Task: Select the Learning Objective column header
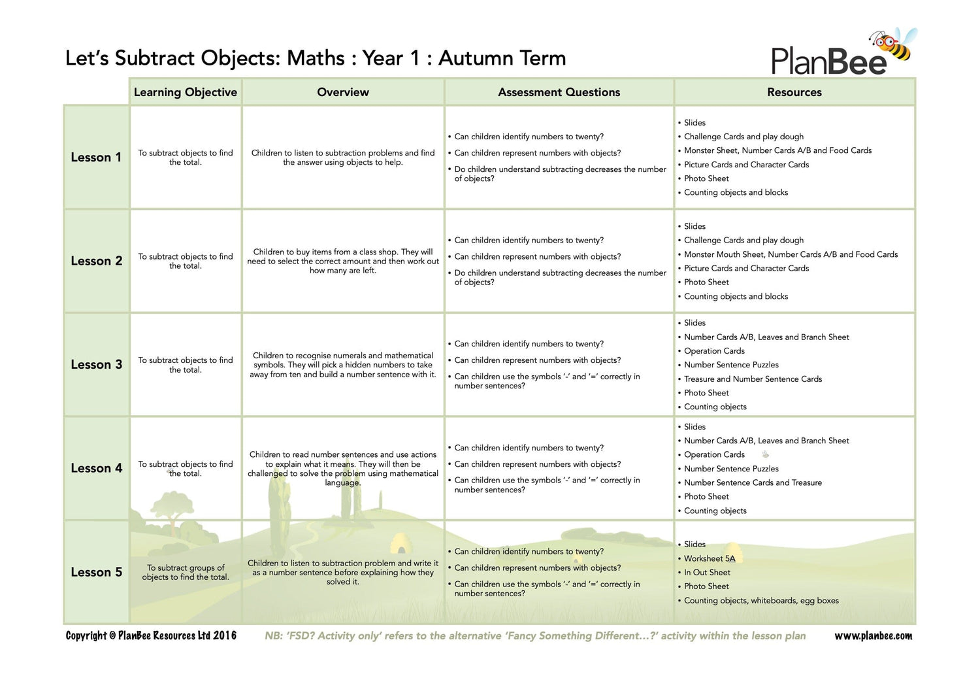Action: pyautogui.click(x=186, y=92)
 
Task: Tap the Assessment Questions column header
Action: pyautogui.click(x=559, y=92)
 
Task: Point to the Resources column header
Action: pyautogui.click(x=794, y=92)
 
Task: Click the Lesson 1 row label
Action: pyautogui.click(x=96, y=158)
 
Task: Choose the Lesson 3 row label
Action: pyautogui.click(x=96, y=365)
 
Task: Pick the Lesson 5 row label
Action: pyautogui.click(x=96, y=572)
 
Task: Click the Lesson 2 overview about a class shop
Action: pyautogui.click(x=343, y=261)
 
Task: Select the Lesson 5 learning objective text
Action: pyautogui.click(x=186, y=572)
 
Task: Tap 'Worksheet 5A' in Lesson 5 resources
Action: pyautogui.click(x=709, y=558)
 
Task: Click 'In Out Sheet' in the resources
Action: pyautogui.click(x=707, y=572)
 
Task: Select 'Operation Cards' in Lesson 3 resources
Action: pyautogui.click(x=714, y=351)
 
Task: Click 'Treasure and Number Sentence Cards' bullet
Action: pyautogui.click(x=753, y=379)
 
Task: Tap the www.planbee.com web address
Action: pyautogui.click(x=873, y=635)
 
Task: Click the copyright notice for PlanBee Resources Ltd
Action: pyautogui.click(x=151, y=635)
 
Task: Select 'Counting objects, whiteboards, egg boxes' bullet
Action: pyautogui.click(x=761, y=600)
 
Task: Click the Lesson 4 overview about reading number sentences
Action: pyautogui.click(x=343, y=468)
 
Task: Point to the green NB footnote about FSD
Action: pyautogui.click(x=535, y=635)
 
